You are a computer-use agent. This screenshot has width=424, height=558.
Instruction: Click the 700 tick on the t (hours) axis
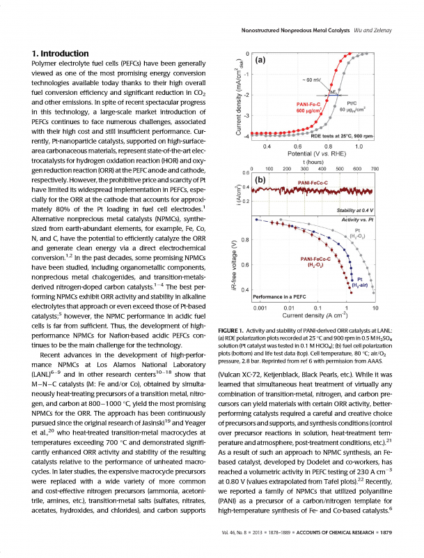pos(375,169)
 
